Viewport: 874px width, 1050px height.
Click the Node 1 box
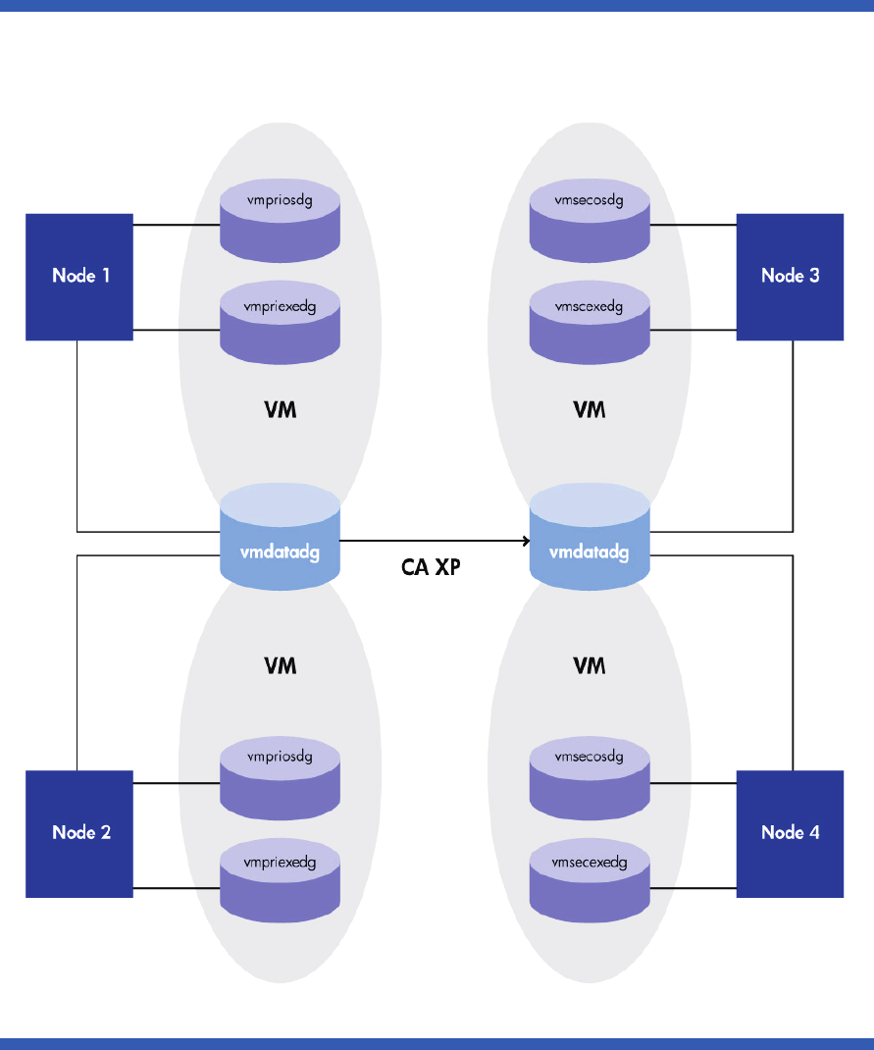point(79,277)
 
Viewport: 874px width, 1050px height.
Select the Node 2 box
point(79,833)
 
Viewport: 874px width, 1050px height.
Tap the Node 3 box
point(790,277)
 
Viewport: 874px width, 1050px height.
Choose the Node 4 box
point(790,833)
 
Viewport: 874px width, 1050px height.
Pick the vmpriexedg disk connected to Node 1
point(280,323)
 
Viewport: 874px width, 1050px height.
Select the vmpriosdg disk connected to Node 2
point(280,775)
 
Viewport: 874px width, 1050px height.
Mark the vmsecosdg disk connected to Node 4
point(590,775)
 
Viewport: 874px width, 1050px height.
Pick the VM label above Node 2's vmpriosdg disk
point(281,666)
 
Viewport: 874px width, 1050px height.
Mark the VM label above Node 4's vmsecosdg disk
point(590,666)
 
